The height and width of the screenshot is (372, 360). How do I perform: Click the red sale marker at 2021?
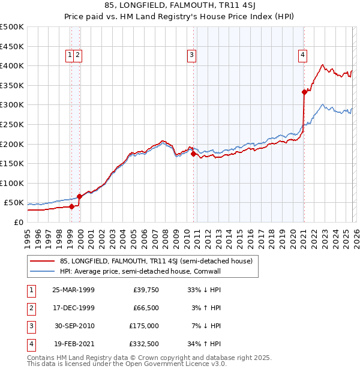click(x=304, y=92)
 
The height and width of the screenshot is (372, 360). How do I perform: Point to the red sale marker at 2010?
click(x=193, y=154)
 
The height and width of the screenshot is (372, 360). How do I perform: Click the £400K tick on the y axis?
click(x=12, y=65)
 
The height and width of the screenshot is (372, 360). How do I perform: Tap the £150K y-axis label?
click(x=12, y=163)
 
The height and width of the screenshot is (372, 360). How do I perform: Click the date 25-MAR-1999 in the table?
click(x=73, y=289)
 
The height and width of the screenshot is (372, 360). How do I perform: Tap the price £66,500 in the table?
click(x=146, y=308)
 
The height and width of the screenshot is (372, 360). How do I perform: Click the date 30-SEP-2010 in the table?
click(x=73, y=326)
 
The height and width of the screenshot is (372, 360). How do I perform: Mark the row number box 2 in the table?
click(x=31, y=308)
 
